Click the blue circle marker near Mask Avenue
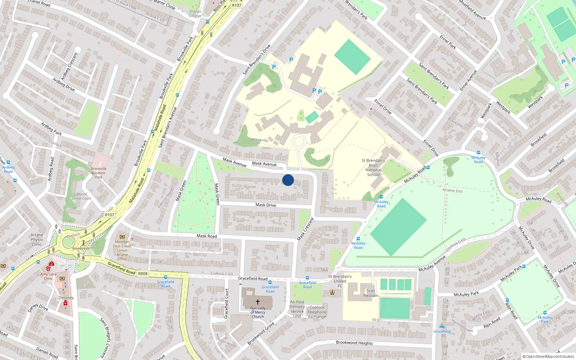288,180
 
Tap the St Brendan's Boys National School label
373,167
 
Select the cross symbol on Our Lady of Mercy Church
258,302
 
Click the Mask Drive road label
266,205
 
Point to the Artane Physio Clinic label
37,239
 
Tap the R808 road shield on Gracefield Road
143,274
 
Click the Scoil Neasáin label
371,293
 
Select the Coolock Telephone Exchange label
317,312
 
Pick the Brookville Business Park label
99,173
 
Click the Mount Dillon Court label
82,196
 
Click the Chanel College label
195,14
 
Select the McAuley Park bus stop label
545,319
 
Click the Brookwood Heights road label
354,343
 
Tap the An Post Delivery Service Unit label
297,309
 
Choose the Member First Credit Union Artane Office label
122,250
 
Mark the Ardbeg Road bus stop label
8,169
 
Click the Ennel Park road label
448,42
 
